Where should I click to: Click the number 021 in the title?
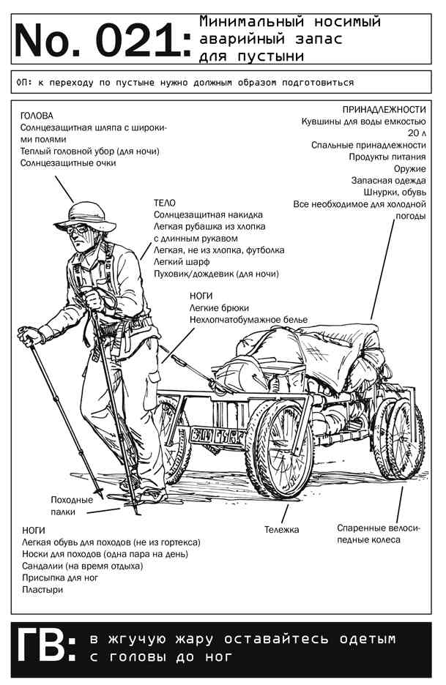(x=138, y=41)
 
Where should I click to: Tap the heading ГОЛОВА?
(x=37, y=116)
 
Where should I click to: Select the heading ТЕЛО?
(x=164, y=203)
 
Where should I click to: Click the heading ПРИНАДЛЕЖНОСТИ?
(x=384, y=110)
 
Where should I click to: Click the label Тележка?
(x=282, y=529)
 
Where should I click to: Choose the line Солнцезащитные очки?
(x=68, y=163)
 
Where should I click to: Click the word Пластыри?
(x=42, y=590)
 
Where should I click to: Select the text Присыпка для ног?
(x=60, y=578)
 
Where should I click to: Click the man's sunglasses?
(x=78, y=228)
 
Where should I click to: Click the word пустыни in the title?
(x=272, y=56)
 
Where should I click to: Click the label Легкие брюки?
(x=219, y=308)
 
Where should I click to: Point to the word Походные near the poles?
(x=72, y=500)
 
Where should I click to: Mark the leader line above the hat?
(x=64, y=189)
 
